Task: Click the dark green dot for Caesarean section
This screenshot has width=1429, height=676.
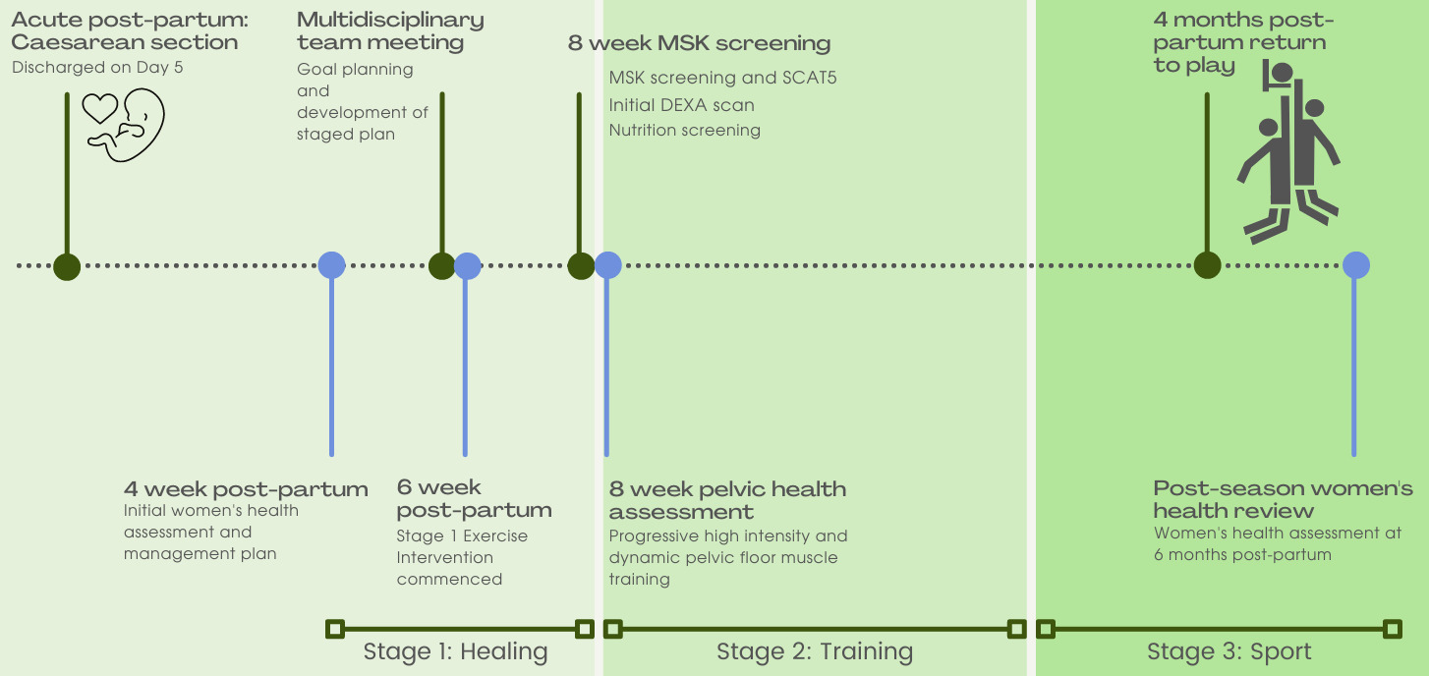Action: [67, 266]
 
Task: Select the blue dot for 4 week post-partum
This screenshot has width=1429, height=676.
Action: [332, 265]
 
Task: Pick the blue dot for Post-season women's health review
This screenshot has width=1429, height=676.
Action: [1356, 265]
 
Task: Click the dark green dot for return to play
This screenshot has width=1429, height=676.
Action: [1207, 265]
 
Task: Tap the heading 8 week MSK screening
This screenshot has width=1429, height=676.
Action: [699, 43]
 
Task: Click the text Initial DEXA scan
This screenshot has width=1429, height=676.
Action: [681, 104]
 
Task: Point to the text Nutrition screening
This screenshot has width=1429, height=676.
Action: [684, 130]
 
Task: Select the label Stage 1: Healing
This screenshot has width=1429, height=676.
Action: [455, 651]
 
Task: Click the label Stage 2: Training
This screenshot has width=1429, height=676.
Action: [815, 651]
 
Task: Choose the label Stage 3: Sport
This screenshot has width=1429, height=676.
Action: [1229, 651]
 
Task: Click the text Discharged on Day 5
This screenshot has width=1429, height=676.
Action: [97, 68]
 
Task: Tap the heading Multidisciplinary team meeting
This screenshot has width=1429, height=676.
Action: [390, 31]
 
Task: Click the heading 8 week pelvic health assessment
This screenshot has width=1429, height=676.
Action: [727, 500]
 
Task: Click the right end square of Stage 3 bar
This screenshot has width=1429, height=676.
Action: [1392, 629]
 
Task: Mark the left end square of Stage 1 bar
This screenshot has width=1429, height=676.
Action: [335, 629]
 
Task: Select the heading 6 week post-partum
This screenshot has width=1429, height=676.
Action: [474, 498]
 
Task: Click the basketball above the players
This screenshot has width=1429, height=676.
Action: [1282, 72]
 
